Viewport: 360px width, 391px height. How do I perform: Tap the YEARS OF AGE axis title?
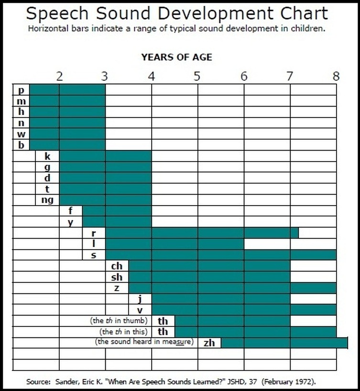click(176, 57)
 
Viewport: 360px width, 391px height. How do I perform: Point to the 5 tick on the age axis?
click(197, 76)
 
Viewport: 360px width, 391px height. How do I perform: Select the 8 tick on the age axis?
click(336, 76)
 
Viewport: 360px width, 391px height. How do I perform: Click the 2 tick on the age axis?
click(59, 76)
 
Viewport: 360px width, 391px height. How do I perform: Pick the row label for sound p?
click(21, 90)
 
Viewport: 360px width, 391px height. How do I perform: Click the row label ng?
click(47, 200)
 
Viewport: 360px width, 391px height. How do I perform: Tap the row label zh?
click(209, 343)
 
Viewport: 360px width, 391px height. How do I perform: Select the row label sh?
click(117, 277)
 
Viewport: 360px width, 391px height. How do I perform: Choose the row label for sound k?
click(47, 156)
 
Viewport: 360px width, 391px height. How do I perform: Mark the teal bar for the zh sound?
click(284, 343)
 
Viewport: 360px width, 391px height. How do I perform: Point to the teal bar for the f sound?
click(94, 211)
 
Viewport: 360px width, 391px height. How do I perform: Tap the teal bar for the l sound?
click(175, 244)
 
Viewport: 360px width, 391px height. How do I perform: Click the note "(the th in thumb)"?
click(119, 321)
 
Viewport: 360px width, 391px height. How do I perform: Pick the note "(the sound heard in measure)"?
click(143, 342)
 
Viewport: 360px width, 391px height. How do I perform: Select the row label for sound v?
click(140, 310)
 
